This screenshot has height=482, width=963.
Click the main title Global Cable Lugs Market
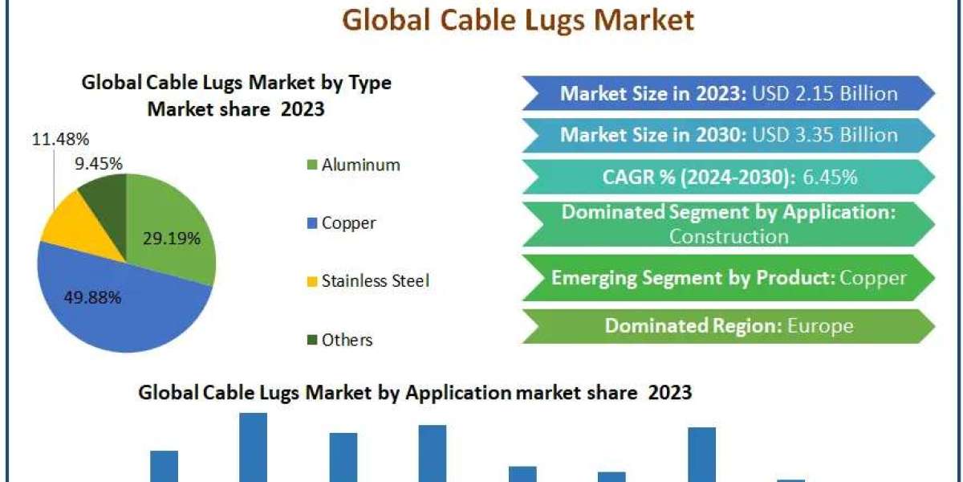[x=518, y=20]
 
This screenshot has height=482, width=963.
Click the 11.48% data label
[x=61, y=139]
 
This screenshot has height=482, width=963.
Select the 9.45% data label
[x=99, y=164]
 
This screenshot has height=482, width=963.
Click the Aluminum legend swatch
[x=312, y=165]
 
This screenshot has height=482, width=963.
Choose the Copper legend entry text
[x=348, y=223]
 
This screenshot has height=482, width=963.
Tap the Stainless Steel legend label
[x=376, y=281]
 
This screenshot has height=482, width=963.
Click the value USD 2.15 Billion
[x=825, y=93]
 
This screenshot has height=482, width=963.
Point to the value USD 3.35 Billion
[x=825, y=135]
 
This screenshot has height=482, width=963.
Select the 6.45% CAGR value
[x=830, y=177]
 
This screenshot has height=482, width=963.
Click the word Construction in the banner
[x=729, y=236]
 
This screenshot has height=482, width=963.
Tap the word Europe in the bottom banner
[x=820, y=326]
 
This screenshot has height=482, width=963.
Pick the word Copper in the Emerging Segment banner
[x=873, y=278]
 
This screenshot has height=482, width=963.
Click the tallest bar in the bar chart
[x=254, y=447]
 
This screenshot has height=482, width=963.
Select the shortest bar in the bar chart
[x=790, y=480]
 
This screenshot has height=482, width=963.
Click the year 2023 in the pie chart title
[x=303, y=109]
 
